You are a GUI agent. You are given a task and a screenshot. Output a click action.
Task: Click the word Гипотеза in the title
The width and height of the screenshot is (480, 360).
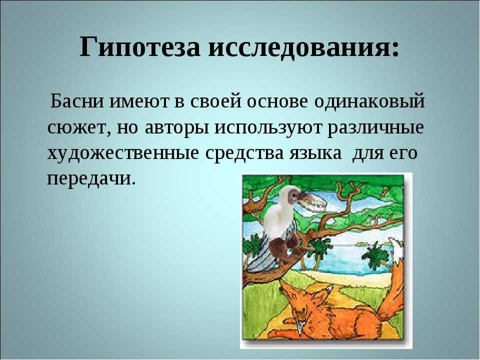[140, 47]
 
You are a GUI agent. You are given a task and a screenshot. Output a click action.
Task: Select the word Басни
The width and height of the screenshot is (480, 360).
[77, 100]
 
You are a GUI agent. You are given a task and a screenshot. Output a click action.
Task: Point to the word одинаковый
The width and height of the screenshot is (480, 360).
[369, 100]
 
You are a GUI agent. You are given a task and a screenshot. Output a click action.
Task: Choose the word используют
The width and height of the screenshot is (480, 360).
[268, 128]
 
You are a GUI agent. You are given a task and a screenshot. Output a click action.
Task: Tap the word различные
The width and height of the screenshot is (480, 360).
[376, 128]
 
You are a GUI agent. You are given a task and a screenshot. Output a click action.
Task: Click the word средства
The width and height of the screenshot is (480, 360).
[244, 153]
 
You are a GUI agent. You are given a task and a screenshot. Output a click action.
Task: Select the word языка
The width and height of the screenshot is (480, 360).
[315, 154]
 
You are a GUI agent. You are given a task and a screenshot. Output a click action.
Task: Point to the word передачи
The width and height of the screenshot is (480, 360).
[91, 179]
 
